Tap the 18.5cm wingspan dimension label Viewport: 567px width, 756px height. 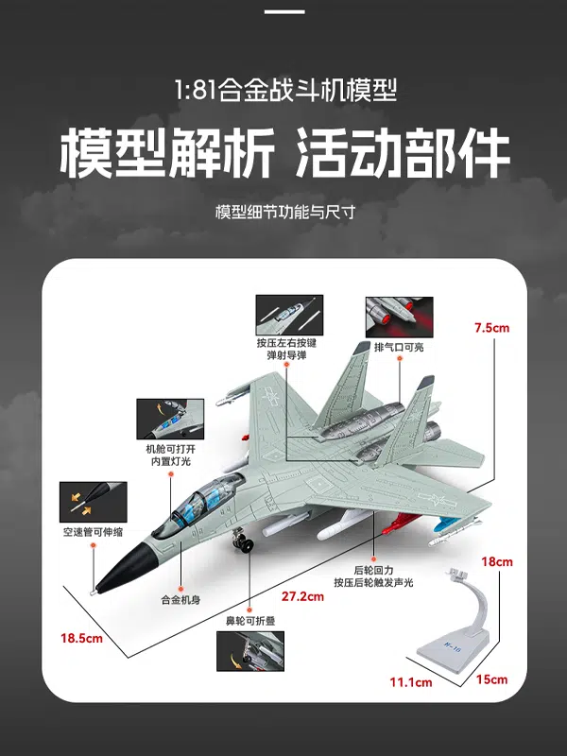81,639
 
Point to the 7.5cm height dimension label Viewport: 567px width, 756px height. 492,328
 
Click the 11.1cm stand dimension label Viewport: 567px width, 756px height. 411,681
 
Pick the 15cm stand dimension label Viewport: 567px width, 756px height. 491,679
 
